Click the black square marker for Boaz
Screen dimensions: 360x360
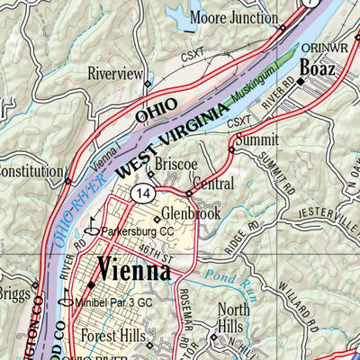coord(302,81)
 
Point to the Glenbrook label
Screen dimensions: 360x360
coord(191,215)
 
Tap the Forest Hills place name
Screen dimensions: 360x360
coord(120,336)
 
